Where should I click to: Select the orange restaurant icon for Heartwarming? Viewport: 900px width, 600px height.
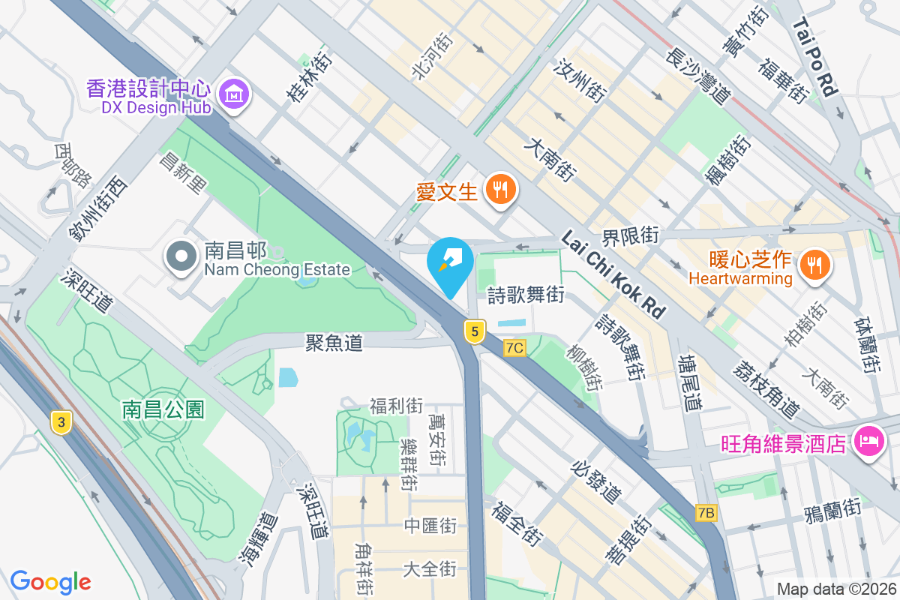(813, 264)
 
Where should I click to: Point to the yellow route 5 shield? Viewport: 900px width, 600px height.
(474, 331)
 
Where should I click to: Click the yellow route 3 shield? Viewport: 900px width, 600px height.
(62, 422)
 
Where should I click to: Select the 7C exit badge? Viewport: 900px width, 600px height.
(514, 348)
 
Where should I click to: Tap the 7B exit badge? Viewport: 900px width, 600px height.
(706, 513)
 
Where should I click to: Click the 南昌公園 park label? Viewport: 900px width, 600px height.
(164, 409)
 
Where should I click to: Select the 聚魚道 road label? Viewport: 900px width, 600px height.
(334, 343)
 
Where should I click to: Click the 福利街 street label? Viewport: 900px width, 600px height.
(396, 406)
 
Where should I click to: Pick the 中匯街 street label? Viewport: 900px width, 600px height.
(430, 525)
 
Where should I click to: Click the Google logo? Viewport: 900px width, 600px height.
(51, 582)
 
